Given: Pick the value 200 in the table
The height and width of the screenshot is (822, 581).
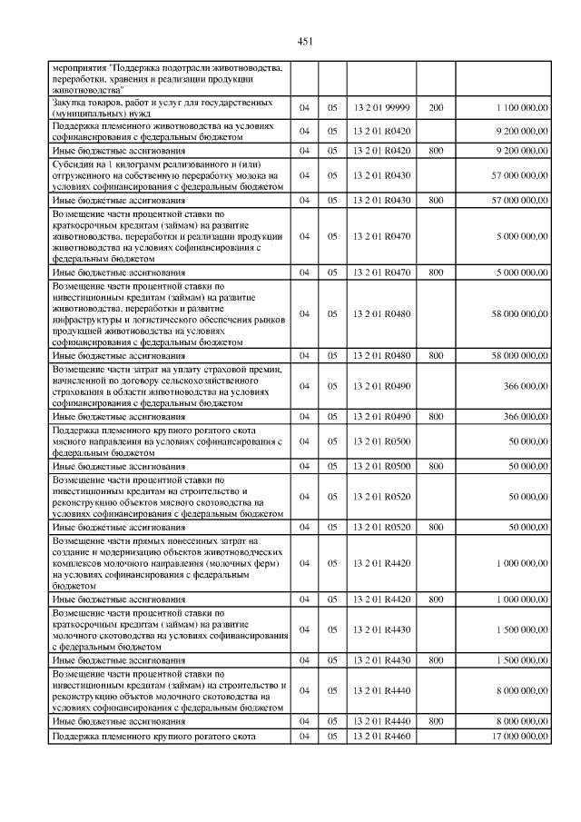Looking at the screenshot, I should [436, 107].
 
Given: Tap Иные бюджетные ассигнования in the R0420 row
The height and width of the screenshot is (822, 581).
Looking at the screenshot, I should [119, 150].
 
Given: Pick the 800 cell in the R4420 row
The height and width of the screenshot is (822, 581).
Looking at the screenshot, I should [436, 599].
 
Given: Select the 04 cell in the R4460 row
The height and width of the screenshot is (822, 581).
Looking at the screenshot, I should [305, 736].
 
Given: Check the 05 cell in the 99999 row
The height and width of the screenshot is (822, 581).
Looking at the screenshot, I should [332, 107].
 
